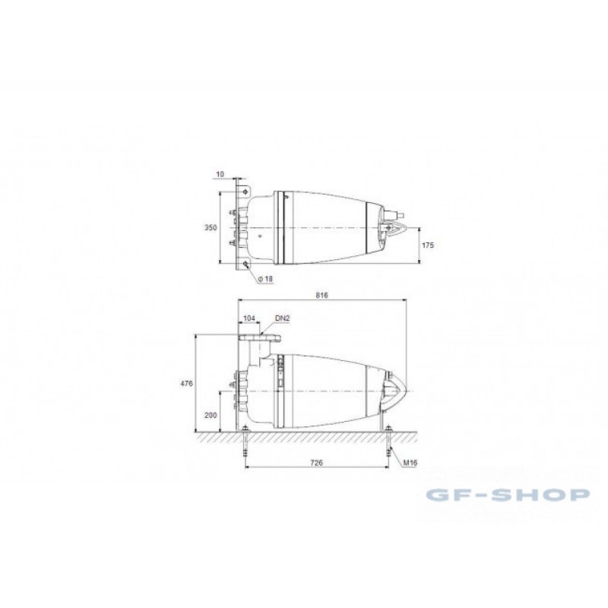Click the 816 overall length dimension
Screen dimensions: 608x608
tap(321, 295)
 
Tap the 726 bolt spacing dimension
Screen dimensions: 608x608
tap(317, 463)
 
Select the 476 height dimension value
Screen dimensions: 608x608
tap(186, 384)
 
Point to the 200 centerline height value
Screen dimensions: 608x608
tap(211, 415)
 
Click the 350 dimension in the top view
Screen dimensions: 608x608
tap(211, 227)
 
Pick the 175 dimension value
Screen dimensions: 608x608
tap(428, 245)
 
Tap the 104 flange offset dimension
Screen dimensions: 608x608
tap(249, 318)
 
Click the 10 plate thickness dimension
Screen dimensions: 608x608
tap(220, 174)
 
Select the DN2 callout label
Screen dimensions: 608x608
tap(283, 318)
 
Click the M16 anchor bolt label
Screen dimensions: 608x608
tap(410, 463)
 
